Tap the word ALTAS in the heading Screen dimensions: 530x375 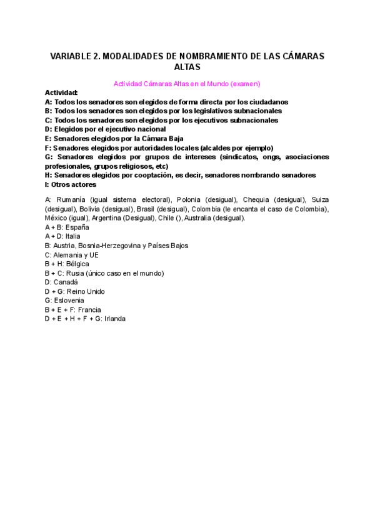[187, 66]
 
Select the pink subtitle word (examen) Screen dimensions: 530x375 [245, 83]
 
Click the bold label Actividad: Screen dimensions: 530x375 [61, 92]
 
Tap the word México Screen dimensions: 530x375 [56, 218]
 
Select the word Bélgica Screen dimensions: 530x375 [77, 264]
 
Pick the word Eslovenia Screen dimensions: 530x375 [69, 300]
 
